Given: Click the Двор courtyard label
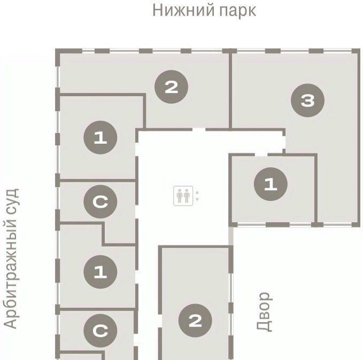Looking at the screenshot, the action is [265, 311].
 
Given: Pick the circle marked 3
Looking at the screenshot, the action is [307, 101].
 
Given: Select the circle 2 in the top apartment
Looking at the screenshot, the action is [171, 87].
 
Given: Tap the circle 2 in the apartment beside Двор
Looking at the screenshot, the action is [195, 320].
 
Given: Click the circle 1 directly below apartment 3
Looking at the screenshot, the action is [271, 184].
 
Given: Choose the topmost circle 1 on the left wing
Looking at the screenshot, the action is [101, 137].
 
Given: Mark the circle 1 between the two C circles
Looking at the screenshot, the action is [101, 272].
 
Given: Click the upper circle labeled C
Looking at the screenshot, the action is [101, 202].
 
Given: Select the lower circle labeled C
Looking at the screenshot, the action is [101, 331].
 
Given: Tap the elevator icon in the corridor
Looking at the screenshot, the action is [183, 196].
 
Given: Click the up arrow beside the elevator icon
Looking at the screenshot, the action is [197, 192].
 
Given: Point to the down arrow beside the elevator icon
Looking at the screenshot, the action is [197, 199].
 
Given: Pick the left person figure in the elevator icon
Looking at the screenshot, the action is [180, 196].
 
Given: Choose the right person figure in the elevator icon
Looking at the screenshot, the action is [187, 196].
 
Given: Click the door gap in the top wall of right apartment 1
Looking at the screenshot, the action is [261, 155].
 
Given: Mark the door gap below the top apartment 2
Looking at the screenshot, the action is [199, 129].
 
